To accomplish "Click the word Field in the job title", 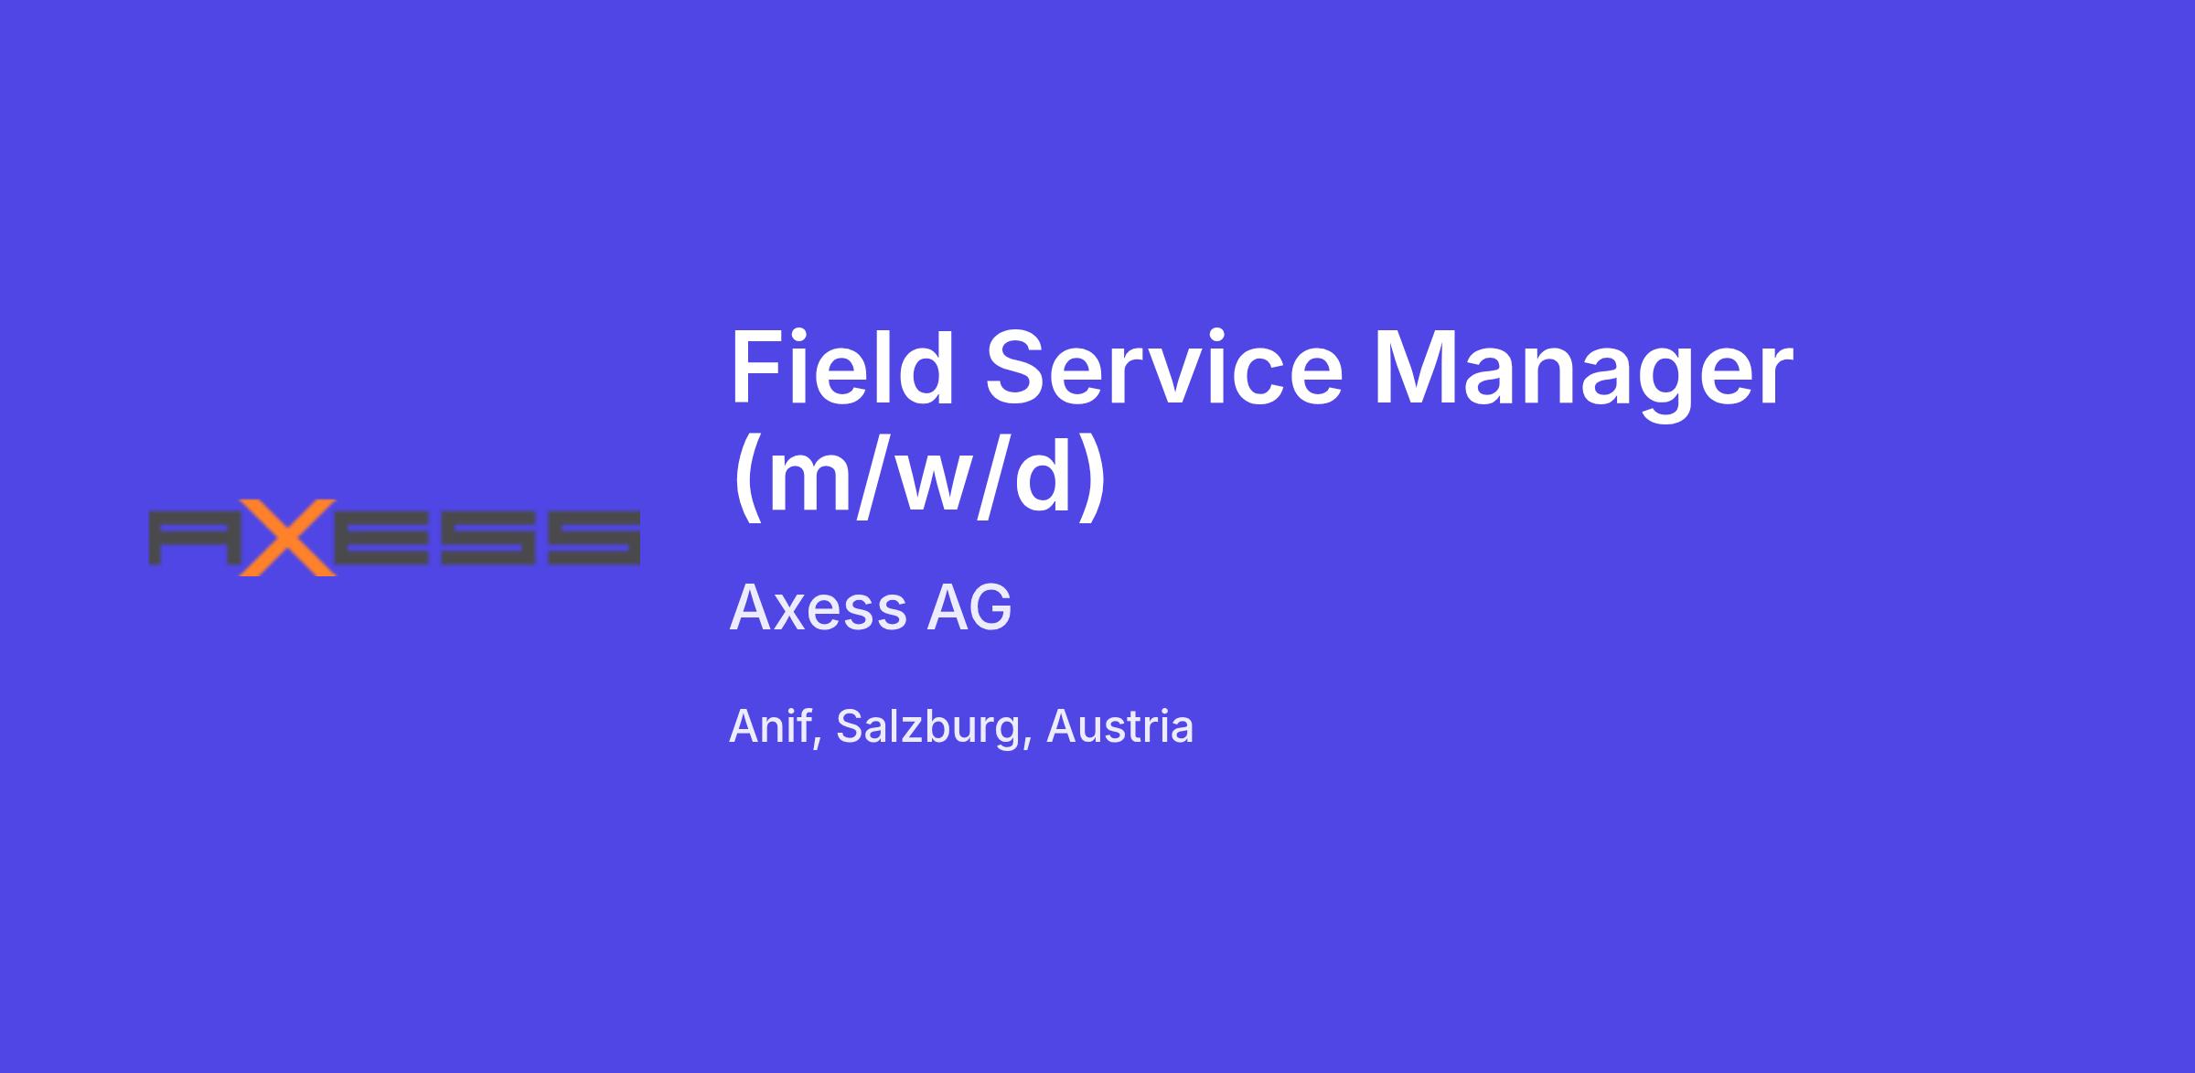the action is [842, 369].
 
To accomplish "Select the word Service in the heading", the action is [1164, 369].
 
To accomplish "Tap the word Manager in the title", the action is [1584, 376].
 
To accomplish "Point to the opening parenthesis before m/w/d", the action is [749, 477].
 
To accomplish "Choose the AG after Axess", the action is [969, 607].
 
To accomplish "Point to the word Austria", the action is [1119, 727].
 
